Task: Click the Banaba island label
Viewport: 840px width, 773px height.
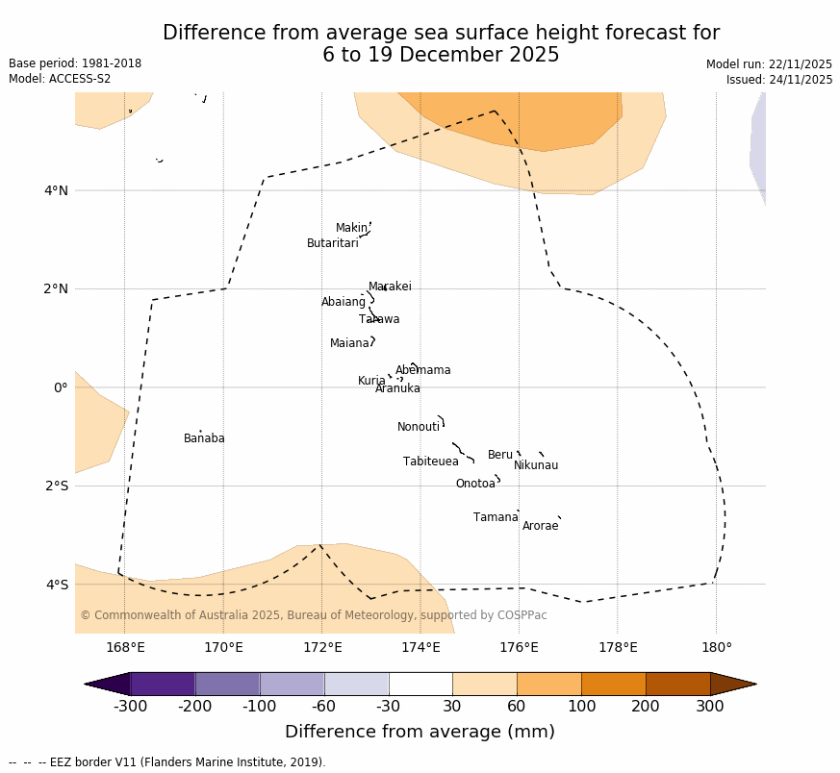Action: click(204, 439)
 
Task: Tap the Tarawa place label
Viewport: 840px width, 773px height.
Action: click(379, 320)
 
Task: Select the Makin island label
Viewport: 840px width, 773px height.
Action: click(351, 229)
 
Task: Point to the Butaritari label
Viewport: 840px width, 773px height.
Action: click(333, 244)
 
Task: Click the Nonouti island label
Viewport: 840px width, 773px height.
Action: click(419, 428)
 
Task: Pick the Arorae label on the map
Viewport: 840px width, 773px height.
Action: click(540, 527)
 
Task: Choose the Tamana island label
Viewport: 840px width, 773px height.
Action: click(496, 518)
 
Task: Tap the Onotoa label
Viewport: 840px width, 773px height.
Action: click(475, 485)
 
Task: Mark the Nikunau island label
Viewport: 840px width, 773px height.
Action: click(536, 466)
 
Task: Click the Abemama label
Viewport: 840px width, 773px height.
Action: click(423, 371)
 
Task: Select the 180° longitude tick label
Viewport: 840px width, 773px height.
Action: click(716, 648)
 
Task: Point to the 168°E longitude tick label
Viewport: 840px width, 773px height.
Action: click(125, 648)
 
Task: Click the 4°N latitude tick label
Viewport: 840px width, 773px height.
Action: click(56, 191)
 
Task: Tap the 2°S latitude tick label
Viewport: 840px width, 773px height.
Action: click(56, 486)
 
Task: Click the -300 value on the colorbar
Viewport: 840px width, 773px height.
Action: click(130, 708)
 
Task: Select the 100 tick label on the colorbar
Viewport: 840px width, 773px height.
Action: click(581, 708)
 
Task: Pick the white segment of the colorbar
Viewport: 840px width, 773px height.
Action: click(420, 684)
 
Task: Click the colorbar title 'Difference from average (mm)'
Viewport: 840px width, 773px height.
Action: click(420, 733)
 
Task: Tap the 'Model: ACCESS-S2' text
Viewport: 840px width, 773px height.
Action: click(60, 80)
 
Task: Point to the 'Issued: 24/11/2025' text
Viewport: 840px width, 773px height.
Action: click(779, 81)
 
